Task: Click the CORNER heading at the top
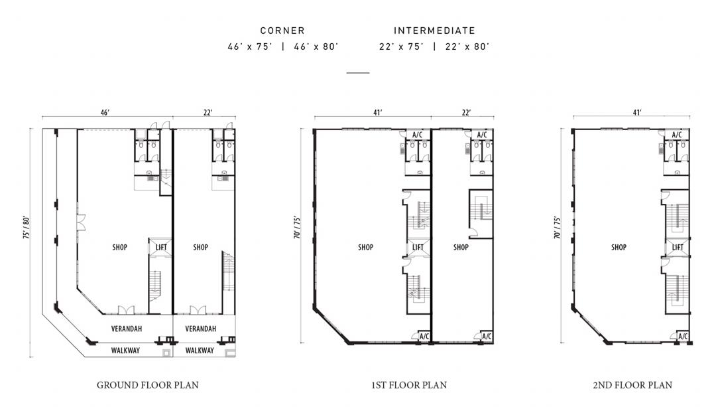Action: [282, 31]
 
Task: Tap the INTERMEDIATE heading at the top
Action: [434, 31]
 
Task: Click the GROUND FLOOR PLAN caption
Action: [147, 385]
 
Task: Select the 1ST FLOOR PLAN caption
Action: [408, 385]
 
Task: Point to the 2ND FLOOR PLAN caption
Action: [632, 385]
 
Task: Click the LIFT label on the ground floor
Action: [160, 248]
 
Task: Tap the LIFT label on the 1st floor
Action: [418, 248]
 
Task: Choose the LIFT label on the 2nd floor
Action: [678, 248]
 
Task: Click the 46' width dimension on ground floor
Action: [105, 112]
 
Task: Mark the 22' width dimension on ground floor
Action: [208, 112]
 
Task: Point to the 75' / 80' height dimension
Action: [27, 228]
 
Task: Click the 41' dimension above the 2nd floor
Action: [637, 112]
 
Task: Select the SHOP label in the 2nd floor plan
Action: [619, 248]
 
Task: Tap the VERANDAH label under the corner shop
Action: [127, 329]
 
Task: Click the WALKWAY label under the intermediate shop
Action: [200, 351]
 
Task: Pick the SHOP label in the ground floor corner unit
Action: [119, 248]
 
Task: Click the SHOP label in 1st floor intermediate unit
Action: [461, 248]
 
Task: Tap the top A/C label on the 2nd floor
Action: [677, 135]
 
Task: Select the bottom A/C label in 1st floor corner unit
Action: [424, 337]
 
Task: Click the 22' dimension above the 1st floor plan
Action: [466, 112]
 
